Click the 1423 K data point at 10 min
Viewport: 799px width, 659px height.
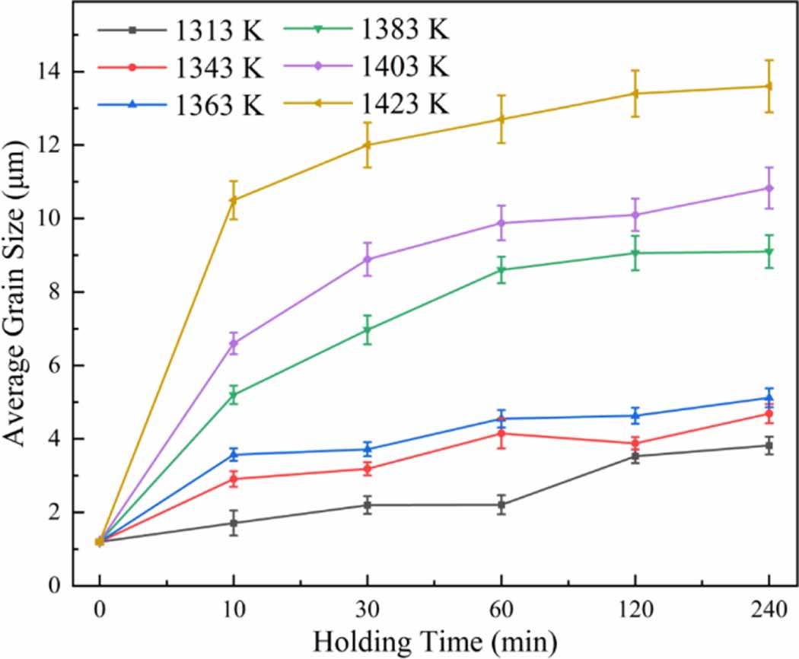234,200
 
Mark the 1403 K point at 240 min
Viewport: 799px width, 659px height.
769,188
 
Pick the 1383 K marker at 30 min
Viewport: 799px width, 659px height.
368,330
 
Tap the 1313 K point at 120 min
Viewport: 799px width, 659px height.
635,457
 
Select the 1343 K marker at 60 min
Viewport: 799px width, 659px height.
501,434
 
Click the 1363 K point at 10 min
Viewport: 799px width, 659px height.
234,454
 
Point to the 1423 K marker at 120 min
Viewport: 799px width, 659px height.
635,94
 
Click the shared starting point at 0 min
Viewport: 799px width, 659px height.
100,541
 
